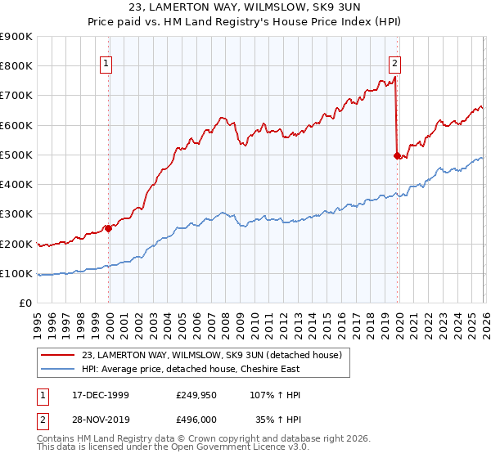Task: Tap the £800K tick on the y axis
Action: pos(16,66)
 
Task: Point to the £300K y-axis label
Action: pos(16,214)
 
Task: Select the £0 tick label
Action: pos(25,303)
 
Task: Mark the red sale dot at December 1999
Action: pos(108,229)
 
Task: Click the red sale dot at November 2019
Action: pos(397,155)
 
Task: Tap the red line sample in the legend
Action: pos(58,354)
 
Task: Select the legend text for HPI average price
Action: pos(190,369)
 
